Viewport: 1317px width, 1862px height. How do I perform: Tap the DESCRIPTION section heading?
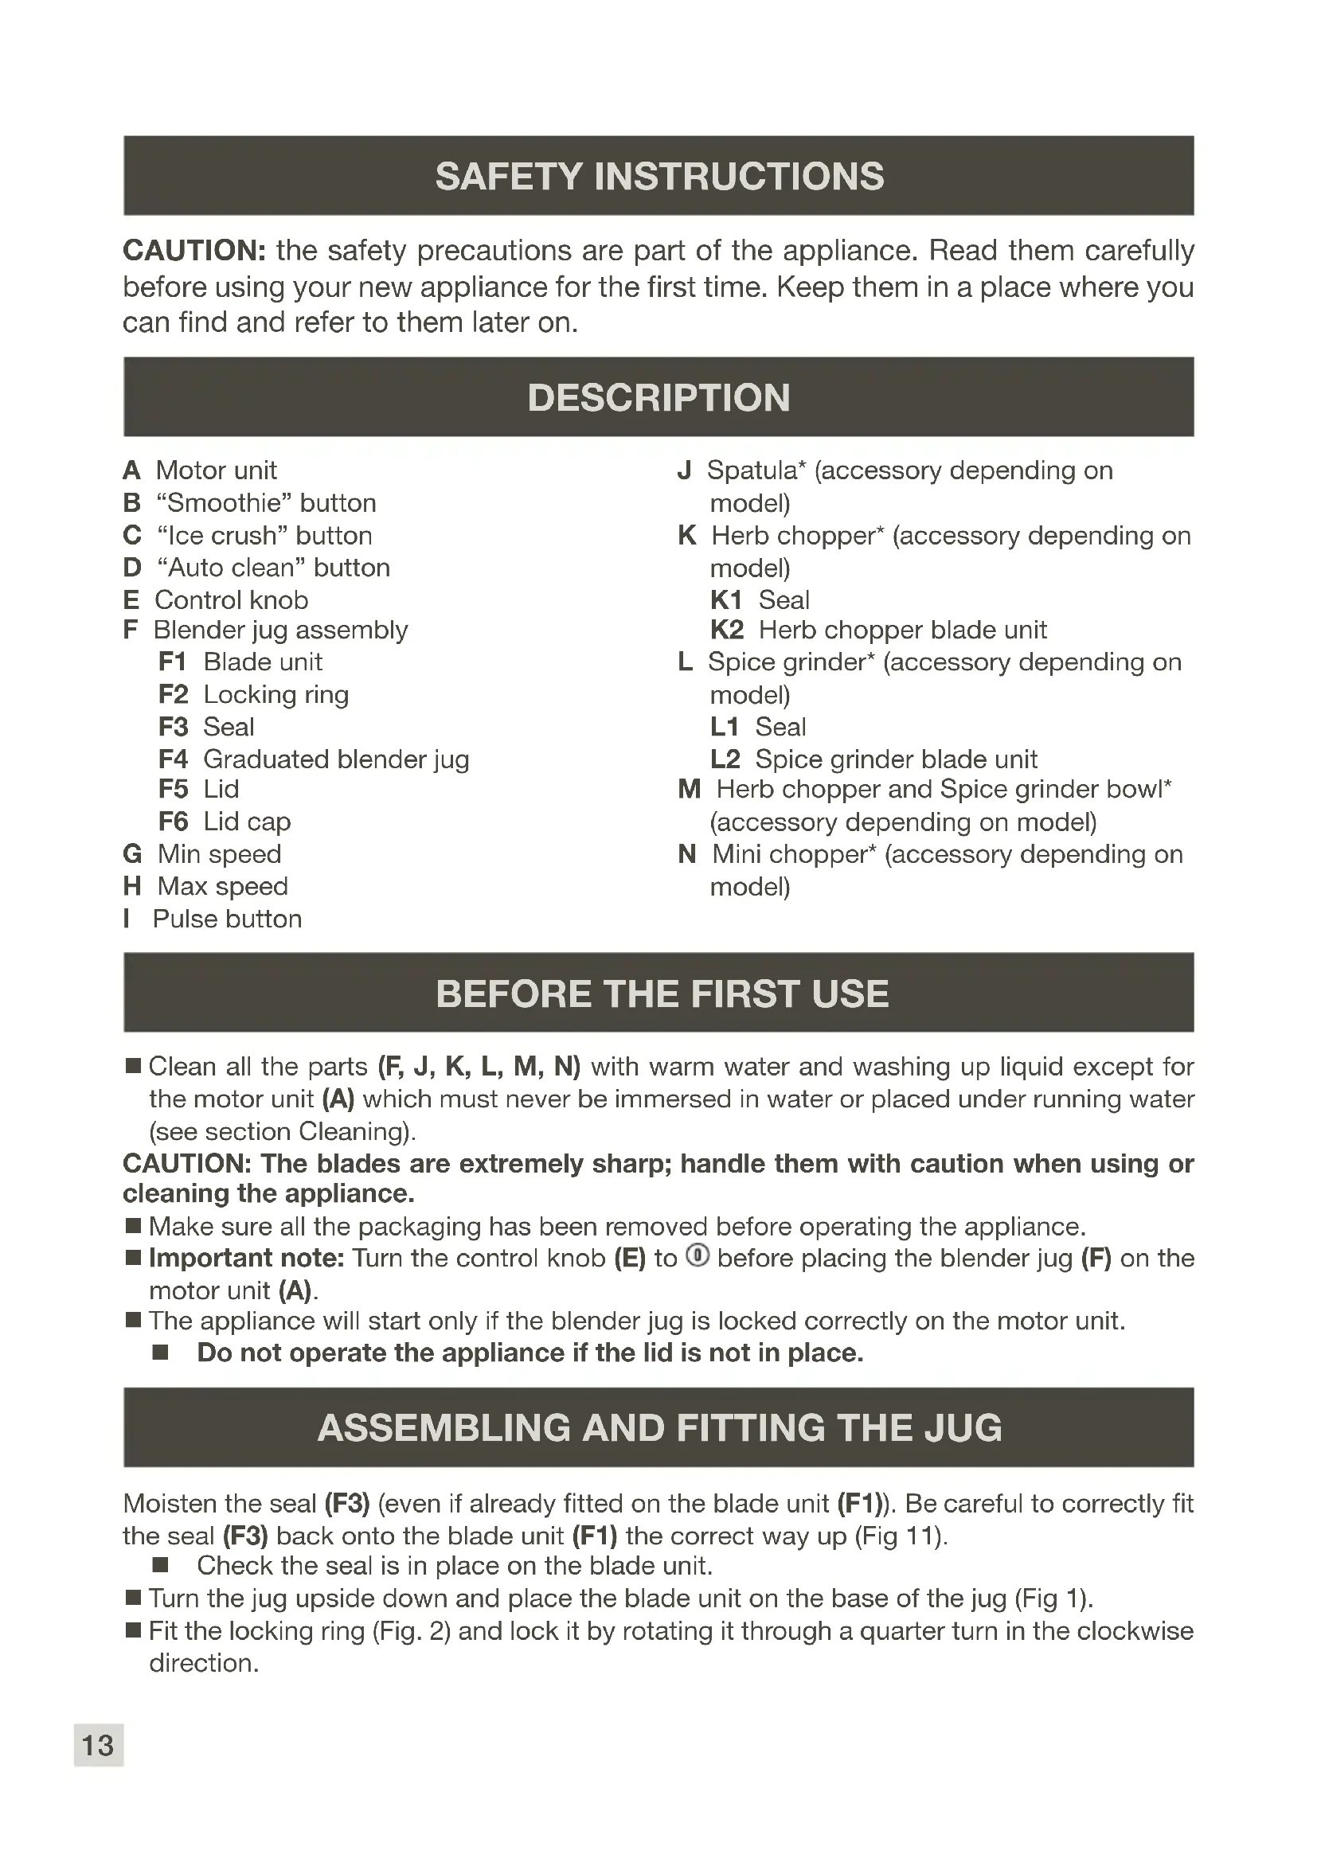click(658, 397)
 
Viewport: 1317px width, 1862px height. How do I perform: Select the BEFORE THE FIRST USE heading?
click(662, 993)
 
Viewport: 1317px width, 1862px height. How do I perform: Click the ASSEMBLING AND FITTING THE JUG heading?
click(659, 1427)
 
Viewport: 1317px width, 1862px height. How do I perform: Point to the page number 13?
click(98, 1744)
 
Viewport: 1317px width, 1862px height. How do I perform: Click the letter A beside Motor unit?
click(131, 470)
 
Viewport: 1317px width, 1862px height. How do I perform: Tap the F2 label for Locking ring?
click(174, 694)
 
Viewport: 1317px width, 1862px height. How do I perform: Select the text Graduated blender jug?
click(336, 759)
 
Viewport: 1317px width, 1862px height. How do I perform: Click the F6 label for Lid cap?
click(174, 822)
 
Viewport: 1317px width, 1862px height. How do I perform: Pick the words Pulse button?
click(227, 919)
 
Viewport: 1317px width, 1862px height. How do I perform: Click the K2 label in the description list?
click(727, 630)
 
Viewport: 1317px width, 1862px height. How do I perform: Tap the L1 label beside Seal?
click(724, 727)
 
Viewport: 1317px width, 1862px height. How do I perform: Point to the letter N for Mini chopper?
click(687, 854)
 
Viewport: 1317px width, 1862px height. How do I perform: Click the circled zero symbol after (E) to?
click(698, 1256)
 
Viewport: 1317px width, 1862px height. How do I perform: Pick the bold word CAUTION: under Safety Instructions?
click(193, 251)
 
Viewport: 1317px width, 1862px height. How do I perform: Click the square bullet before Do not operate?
click(161, 1353)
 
